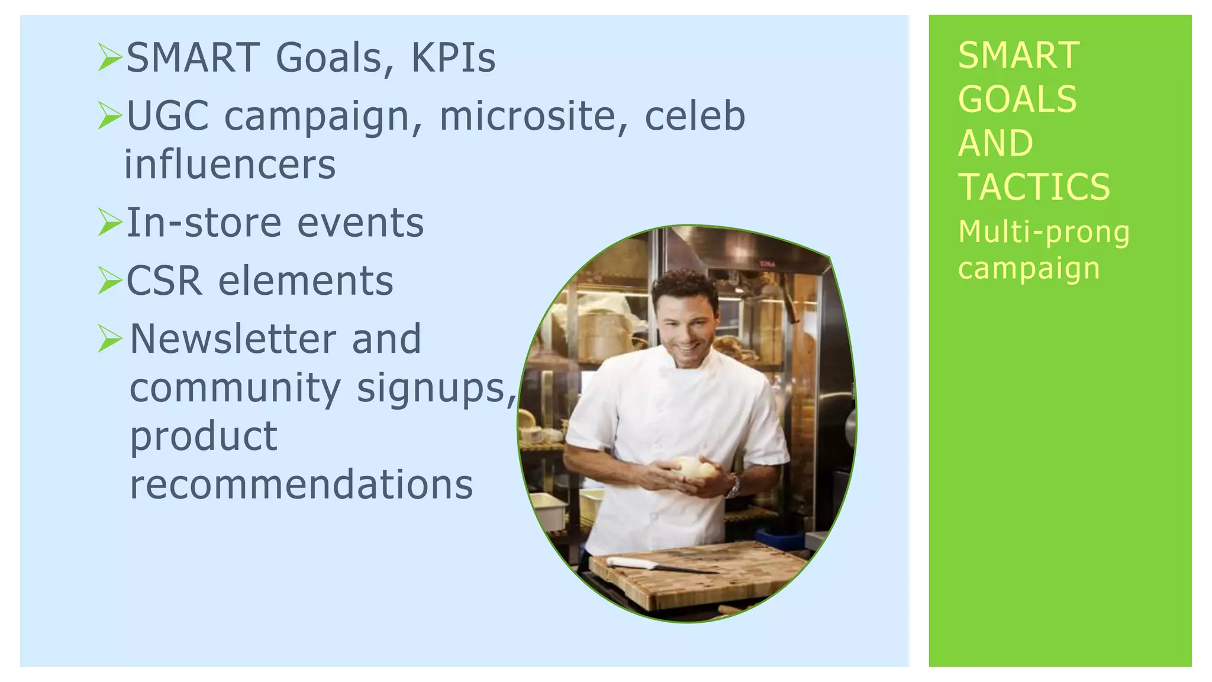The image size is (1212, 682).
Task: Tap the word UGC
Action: pyautogui.click(x=167, y=115)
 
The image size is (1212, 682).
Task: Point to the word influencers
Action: pyautogui.click(x=230, y=165)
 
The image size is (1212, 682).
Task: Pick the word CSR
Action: pyautogui.click(x=164, y=281)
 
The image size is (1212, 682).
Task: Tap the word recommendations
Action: pyautogui.click(x=301, y=484)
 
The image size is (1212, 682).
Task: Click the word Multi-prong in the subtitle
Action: pyautogui.click(x=1043, y=231)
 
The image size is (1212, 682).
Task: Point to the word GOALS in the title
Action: pyautogui.click(x=1017, y=99)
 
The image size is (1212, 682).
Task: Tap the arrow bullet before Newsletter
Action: pyautogui.click(x=110, y=339)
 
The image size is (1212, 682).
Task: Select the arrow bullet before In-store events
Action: pyautogui.click(x=110, y=222)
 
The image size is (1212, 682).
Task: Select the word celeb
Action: pyautogui.click(x=695, y=115)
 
